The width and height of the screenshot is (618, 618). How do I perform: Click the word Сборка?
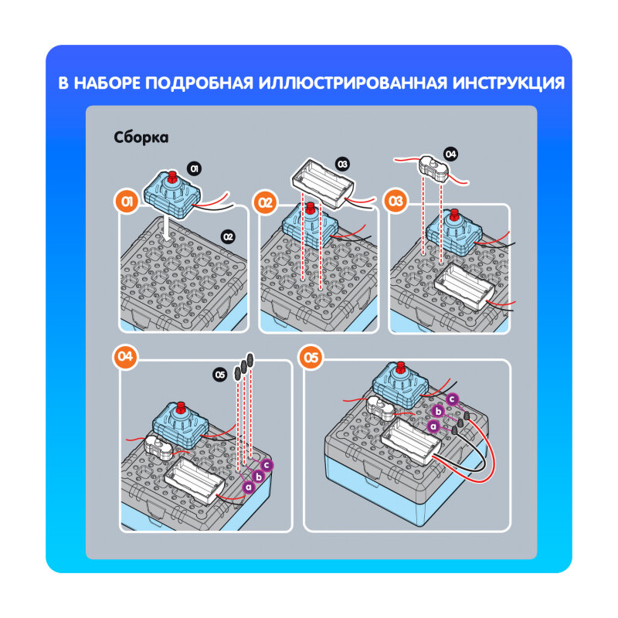tap(141, 138)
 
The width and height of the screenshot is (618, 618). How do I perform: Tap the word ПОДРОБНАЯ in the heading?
tap(202, 83)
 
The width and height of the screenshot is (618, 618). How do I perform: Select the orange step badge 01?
tap(127, 203)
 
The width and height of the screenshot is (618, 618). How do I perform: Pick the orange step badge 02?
tap(266, 203)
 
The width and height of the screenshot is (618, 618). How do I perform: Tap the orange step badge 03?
tap(396, 202)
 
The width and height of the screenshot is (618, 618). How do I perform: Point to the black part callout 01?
tap(195, 168)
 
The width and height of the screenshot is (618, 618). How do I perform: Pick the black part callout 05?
tap(220, 375)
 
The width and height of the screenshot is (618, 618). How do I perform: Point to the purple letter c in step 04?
tap(267, 464)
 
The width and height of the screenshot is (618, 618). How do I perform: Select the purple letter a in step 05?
tap(433, 425)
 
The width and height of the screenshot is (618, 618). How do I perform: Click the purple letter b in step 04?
tap(258, 476)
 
